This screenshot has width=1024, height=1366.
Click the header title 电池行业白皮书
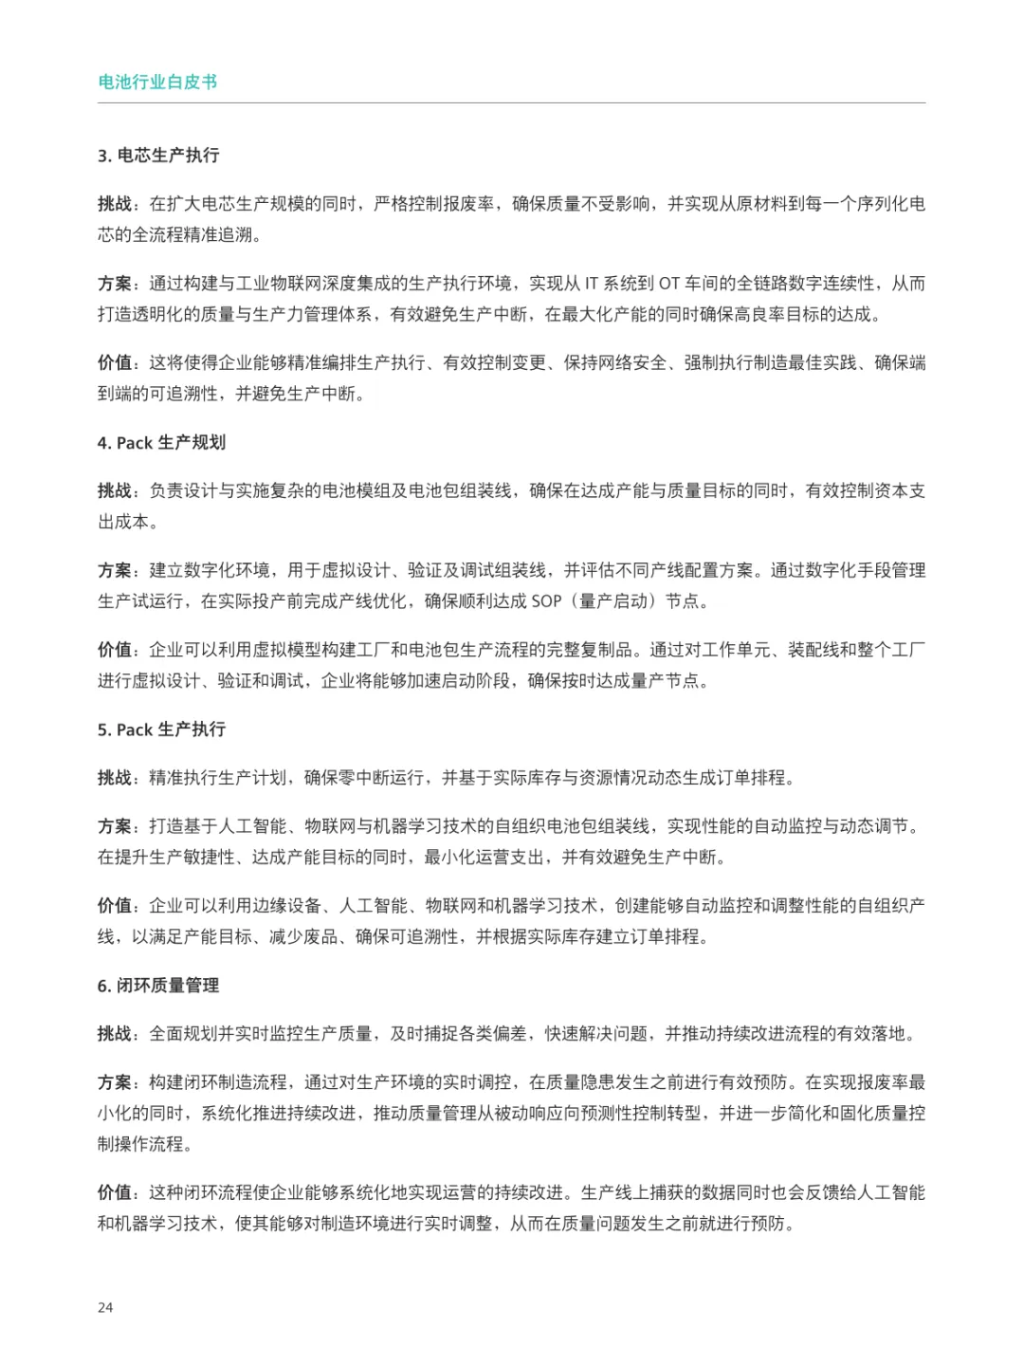coord(157,82)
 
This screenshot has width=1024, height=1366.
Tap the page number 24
coord(105,1307)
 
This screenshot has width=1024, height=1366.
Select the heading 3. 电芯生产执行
coord(158,156)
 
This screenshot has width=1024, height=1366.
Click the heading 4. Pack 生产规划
coord(161,443)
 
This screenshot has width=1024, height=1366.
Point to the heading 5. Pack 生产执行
coord(161,729)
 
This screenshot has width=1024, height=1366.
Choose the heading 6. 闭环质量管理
coord(158,986)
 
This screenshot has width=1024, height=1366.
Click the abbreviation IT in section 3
coord(592,284)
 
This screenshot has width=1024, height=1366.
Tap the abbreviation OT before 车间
coord(669,284)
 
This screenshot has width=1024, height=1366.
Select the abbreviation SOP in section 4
coord(546,601)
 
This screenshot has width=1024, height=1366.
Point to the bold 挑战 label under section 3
coord(115,204)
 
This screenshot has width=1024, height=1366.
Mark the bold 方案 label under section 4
coord(115,570)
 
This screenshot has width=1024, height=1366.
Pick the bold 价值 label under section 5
coord(115,906)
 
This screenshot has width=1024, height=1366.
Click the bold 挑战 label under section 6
coord(115,1034)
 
